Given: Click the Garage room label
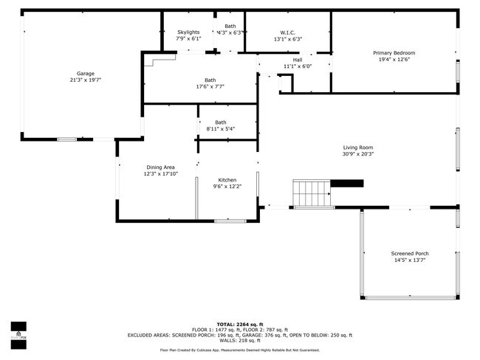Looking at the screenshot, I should pos(86,73).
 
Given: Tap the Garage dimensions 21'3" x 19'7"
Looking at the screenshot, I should pos(86,80).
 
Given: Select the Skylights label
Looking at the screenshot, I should pos(188,32).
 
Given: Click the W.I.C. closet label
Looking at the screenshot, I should pos(287,32).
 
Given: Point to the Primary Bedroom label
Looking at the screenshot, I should pos(394,53).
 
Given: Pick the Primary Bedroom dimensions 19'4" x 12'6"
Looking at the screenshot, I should pos(394,60).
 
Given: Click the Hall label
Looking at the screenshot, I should pos(298,60).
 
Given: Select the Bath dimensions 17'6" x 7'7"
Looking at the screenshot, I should pos(210,87).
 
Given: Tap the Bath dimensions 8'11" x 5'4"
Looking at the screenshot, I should pos(221,129).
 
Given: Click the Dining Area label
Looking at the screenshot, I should pos(160,167).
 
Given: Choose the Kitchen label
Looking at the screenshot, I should pos(227,180).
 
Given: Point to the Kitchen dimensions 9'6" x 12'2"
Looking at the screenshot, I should pos(227,187).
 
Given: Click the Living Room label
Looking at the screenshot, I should pos(357,148).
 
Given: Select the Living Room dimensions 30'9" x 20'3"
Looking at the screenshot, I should pos(357,154).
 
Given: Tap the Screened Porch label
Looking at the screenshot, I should pos(409,254).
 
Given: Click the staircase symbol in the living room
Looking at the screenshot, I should pos(312,193).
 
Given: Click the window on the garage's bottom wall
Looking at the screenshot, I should pos(67,139).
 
